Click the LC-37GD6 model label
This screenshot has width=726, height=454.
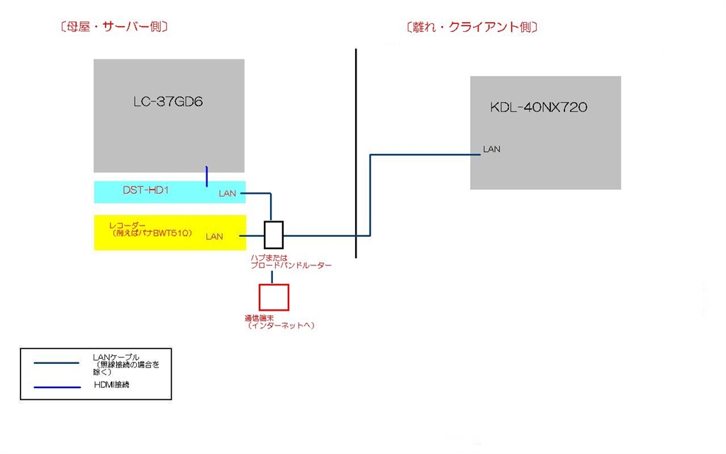coord(168,101)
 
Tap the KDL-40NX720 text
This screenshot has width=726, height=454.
coord(539,108)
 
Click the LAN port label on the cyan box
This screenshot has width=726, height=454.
coord(227,194)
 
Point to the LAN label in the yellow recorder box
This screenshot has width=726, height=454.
coord(214,237)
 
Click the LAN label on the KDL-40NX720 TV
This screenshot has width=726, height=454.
coord(491,150)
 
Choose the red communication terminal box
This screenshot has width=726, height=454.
coord(274,297)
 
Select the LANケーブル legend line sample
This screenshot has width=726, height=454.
coord(57,362)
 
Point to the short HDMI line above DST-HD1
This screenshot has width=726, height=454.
coord(206,176)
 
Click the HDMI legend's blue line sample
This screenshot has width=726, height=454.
coord(57,387)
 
